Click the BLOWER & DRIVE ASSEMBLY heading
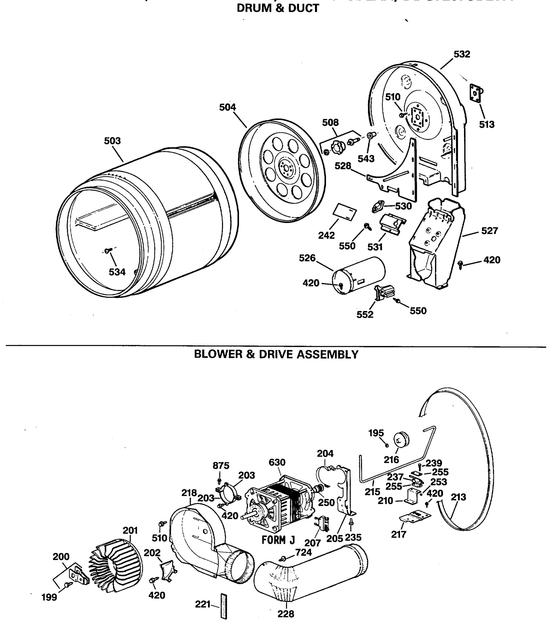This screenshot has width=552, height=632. tap(276, 354)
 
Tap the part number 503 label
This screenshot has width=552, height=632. tap(112, 141)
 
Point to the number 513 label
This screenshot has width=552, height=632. tap(486, 125)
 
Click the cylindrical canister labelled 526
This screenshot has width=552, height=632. tap(359, 275)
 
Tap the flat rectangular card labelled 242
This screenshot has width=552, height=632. tap(345, 212)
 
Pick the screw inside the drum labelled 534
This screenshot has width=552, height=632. tap(107, 251)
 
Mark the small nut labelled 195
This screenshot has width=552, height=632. tap(387, 445)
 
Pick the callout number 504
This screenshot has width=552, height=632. tap(227, 107)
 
